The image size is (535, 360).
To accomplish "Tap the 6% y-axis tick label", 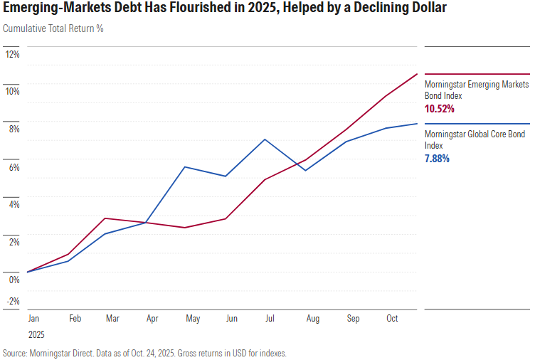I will pos(14,167).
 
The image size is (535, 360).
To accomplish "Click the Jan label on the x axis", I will pos(34,319).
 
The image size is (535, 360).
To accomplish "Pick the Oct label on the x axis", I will pos(392,319).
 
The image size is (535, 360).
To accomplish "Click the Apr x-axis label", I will pos(152,319).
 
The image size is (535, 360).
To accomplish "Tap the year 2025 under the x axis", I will pos(37,334).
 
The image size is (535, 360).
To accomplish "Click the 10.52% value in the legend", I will pos(439,109).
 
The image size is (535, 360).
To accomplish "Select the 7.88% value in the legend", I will pos(437,159).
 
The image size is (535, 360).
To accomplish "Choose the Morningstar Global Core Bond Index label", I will pos(475,139).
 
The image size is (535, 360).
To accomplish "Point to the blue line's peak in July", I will pos(265,139).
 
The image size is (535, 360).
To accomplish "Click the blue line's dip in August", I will pos(305,171).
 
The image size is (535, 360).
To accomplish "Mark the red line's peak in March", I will pos(106,218).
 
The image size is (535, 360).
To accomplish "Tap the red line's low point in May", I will pos(185,228).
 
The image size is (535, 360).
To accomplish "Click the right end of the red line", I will pos(417,74).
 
